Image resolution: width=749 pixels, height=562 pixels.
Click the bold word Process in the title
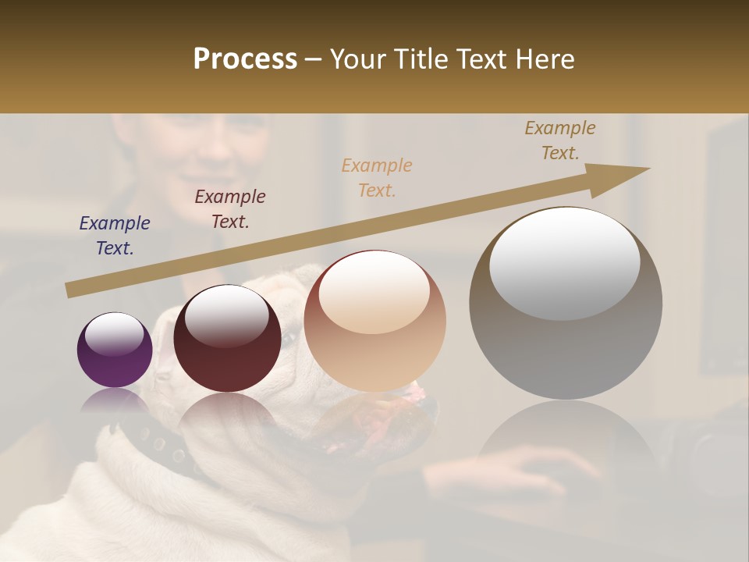(245, 59)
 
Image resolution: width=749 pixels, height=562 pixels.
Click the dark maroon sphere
(227, 343)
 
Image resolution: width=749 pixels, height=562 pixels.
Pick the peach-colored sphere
(374, 328)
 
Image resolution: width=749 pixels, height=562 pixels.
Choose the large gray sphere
(566, 312)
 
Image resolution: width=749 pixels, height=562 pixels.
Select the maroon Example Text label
(230, 209)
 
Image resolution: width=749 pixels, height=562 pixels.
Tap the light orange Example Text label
(377, 178)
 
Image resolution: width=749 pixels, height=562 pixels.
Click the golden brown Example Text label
(560, 140)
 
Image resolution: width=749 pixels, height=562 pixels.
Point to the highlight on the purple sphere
(114, 334)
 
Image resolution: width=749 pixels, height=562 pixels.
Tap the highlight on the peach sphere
(374, 293)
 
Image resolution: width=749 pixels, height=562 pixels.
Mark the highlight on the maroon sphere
(226, 315)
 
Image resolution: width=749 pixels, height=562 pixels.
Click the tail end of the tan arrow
(72, 290)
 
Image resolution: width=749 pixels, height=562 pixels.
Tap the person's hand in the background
(538, 468)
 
